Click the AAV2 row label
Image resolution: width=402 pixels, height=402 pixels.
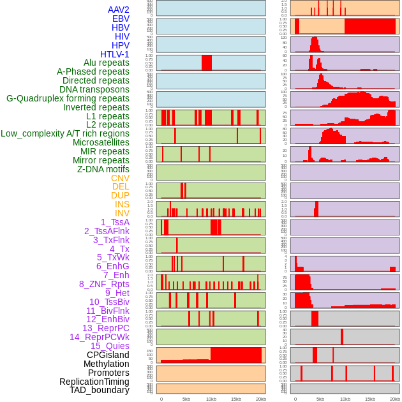click(118, 10)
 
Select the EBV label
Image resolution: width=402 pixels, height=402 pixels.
click(121, 19)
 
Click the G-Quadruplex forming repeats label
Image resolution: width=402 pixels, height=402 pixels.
click(68, 98)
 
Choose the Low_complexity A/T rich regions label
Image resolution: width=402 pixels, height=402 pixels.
click(65, 133)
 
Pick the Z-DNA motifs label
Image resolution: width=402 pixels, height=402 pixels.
click(103, 169)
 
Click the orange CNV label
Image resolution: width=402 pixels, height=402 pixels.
click(120, 178)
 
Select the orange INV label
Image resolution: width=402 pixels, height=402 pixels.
click(122, 213)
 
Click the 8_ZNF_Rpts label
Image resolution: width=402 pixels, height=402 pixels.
click(104, 284)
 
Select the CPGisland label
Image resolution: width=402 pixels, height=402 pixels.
click(108, 355)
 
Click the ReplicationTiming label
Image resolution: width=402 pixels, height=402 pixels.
click(94, 382)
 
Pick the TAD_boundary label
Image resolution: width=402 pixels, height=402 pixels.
click(100, 390)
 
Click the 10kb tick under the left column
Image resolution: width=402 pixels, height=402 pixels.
click(211, 399)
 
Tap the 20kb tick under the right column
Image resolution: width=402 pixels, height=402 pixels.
click(395, 399)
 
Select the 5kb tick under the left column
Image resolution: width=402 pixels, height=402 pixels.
click(186, 399)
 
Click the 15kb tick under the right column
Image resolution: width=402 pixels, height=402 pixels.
click(370, 399)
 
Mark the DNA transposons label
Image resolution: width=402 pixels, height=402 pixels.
click(94, 89)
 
